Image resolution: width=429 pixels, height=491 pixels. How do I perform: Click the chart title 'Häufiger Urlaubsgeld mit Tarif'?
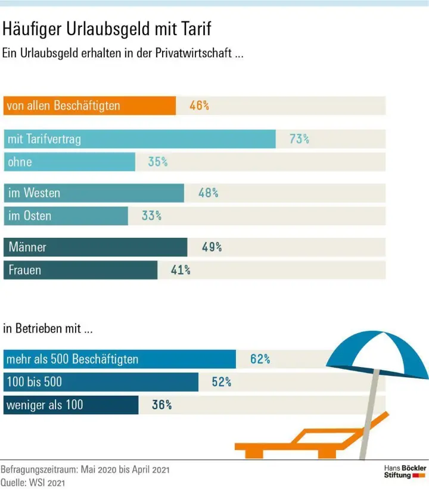(107, 29)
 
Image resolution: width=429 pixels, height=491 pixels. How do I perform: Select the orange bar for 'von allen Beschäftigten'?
(89, 106)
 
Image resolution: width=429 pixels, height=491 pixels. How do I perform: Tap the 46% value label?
(199, 106)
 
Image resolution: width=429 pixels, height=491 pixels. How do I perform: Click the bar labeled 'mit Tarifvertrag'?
(139, 139)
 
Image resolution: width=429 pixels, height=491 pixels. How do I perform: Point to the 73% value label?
(299, 139)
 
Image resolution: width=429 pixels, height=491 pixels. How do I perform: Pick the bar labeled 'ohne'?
(69, 161)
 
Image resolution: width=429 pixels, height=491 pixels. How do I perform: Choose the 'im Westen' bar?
(94, 193)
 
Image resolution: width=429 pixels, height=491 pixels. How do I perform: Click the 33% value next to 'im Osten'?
(151, 216)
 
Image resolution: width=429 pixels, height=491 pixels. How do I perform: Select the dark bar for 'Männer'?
(95, 247)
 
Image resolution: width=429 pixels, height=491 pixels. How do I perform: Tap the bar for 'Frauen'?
(80, 270)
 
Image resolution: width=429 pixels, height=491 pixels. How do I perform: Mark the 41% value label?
(181, 270)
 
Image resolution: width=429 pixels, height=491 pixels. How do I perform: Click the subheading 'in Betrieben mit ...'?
(48, 328)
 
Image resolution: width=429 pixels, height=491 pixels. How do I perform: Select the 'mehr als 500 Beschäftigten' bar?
(119, 359)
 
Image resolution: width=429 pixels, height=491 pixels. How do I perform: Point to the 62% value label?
(260, 359)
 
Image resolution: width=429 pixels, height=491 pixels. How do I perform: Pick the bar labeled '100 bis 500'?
(101, 382)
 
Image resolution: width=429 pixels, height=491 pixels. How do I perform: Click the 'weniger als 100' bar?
(71, 405)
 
